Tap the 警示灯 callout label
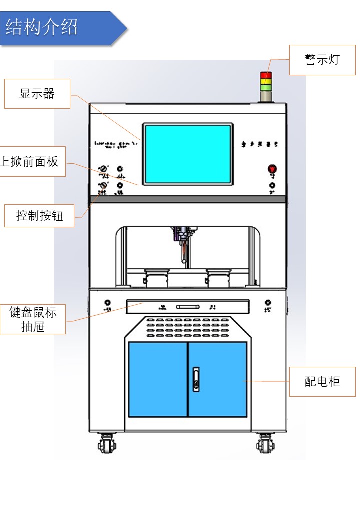[x=322, y=60]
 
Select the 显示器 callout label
[x=37, y=93]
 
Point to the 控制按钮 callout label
[x=39, y=216]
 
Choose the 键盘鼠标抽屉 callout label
[x=33, y=319]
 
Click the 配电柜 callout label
[x=322, y=382]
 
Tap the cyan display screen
[x=188, y=154]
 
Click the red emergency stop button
[x=272, y=169]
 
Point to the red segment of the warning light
[x=266, y=75]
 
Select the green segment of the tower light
[x=266, y=89]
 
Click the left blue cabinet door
[x=158, y=379]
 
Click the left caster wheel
[x=106, y=443]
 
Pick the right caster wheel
[x=264, y=443]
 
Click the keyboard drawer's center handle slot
[x=188, y=306]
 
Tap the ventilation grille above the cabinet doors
[x=188, y=327]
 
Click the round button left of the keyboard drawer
[x=107, y=303]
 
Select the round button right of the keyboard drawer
[x=268, y=303]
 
